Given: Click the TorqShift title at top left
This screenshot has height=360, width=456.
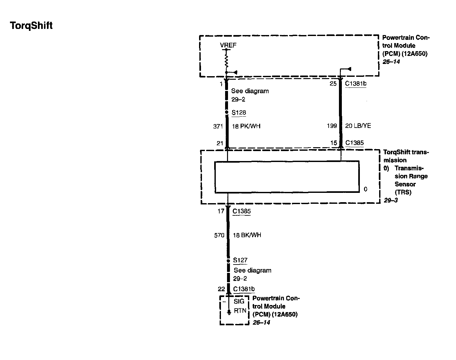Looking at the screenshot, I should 31,25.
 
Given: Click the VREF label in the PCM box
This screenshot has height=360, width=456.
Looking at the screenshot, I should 228,45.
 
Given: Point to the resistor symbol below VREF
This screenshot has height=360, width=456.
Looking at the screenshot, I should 226,60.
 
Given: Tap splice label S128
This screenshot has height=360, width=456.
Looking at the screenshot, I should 239,113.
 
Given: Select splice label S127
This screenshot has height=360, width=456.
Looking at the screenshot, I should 240,260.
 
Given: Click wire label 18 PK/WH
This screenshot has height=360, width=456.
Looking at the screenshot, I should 246,126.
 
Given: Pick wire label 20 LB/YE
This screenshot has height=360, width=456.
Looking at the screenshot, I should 358,126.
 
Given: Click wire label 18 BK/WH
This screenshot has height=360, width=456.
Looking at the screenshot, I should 247,235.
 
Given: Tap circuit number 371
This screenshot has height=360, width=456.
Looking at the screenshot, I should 218,126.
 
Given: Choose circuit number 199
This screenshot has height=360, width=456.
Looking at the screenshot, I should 332,126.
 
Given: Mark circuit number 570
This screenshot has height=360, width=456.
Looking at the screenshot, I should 219,235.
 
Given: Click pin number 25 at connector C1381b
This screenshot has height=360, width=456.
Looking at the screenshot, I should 333,84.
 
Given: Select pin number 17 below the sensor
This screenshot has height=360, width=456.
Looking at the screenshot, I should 220,211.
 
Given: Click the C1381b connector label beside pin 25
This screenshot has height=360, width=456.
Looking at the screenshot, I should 355,84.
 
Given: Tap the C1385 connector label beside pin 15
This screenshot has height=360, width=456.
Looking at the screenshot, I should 354,143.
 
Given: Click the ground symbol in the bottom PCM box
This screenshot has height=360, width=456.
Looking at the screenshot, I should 229,312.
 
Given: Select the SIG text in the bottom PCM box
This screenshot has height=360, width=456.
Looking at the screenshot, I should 239,301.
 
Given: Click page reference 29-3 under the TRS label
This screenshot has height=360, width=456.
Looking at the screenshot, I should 391,200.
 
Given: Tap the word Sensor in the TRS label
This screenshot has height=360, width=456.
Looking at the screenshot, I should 405,184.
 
